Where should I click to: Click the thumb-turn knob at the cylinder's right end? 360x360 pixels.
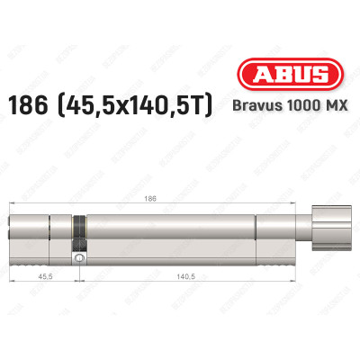point(328,230)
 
